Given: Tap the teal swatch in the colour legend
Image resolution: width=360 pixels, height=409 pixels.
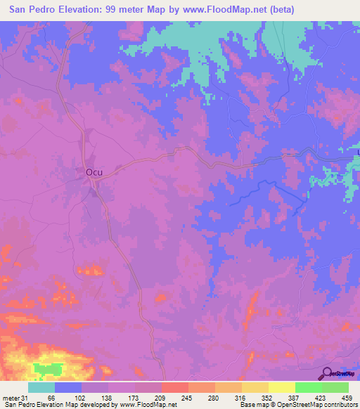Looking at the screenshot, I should pos(41,387).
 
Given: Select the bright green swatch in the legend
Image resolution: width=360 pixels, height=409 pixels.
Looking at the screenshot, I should pos(309,387).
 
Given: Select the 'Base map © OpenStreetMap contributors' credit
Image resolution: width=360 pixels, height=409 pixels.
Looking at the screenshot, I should pos(297,404).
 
